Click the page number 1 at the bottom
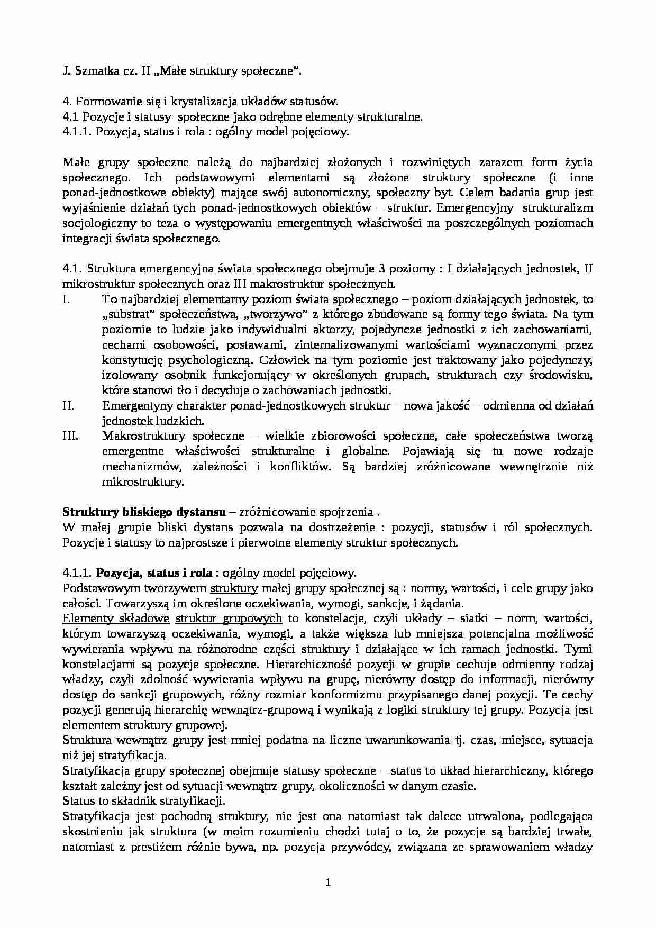328,882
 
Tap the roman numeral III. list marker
70,436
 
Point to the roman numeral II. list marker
69,406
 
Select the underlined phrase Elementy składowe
115,618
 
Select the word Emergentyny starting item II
134,406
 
